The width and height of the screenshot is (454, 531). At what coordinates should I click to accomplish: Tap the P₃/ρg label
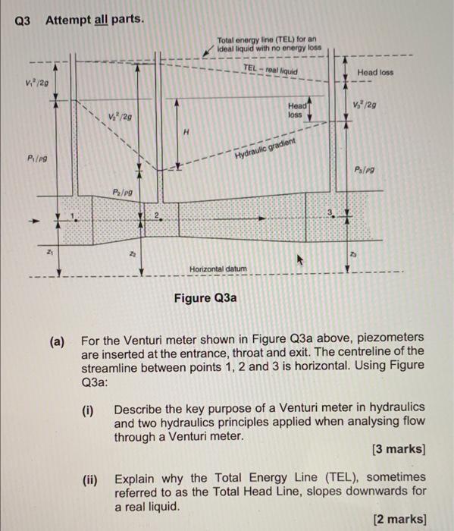coord(366,169)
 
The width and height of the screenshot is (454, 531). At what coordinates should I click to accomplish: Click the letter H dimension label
coord(186,133)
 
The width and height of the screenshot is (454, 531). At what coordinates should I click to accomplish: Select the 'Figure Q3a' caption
coord(205,297)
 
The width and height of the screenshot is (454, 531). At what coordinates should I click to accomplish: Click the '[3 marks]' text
coord(399,449)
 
